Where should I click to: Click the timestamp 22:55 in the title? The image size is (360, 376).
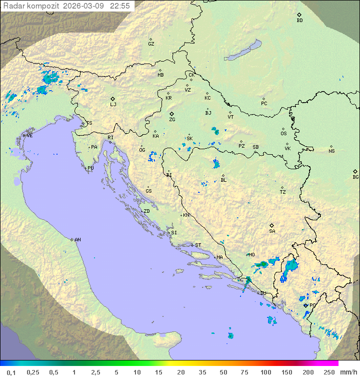pyautogui.click(x=120, y=6)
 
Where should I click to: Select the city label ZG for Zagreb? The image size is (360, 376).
pyautogui.click(x=172, y=120)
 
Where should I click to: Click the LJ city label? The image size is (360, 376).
pyautogui.click(x=113, y=105)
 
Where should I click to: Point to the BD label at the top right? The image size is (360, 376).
pyautogui.click(x=299, y=21)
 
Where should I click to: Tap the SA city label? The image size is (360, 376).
pyautogui.click(x=272, y=231)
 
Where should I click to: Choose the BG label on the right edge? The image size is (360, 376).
pyautogui.click(x=355, y=177)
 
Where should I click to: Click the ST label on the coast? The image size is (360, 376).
pyautogui.click(x=198, y=245)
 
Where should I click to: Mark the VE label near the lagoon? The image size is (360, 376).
pyautogui.click(x=29, y=136)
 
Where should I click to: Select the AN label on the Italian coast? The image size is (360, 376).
pyautogui.click(x=77, y=240)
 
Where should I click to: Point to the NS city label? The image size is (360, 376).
pyautogui.click(x=331, y=151)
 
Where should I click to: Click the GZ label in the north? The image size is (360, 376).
pyautogui.click(x=151, y=44)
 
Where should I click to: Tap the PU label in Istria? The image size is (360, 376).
pyautogui.click(x=90, y=168)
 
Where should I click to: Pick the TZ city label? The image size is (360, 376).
pyautogui.click(x=283, y=192)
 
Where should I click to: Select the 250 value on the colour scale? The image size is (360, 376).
pyautogui.click(x=329, y=372)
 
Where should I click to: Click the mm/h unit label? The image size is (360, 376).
pyautogui.click(x=348, y=372)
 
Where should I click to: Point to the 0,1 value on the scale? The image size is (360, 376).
pyautogui.click(x=11, y=372)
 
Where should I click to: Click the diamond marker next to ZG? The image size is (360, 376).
pyautogui.click(x=171, y=114)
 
